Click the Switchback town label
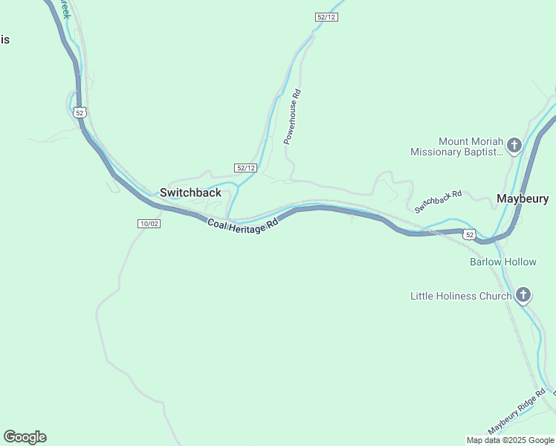click(190, 193)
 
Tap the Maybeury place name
click(523, 198)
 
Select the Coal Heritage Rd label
click(242, 223)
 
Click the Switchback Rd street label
click(439, 201)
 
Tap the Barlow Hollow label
click(502, 262)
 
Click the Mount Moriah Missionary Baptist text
click(456, 146)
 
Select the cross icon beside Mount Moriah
click(514, 146)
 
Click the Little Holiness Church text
click(461, 296)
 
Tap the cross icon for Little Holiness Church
click(523, 296)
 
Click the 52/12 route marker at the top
click(326, 17)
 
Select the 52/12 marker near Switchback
click(246, 168)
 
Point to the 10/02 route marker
click(149, 224)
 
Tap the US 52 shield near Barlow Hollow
click(469, 234)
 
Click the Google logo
click(25, 437)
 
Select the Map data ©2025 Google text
click(510, 440)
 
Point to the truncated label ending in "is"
click(4, 39)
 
